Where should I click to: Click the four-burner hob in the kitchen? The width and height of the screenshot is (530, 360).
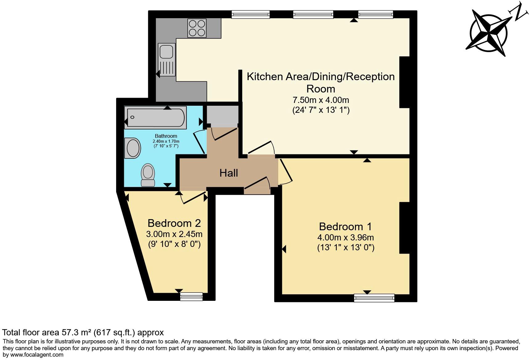[x=197, y=28]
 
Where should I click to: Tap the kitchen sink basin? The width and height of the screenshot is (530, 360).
[x=166, y=51]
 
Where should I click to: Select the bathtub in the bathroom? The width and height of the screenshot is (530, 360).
[x=156, y=117]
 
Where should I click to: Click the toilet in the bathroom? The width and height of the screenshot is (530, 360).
[x=148, y=175]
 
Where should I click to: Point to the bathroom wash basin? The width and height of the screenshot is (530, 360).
[x=133, y=148]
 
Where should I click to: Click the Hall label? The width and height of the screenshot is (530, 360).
[x=229, y=173]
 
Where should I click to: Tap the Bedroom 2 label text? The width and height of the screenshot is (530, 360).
[x=174, y=223]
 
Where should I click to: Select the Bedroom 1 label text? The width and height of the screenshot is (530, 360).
[x=345, y=227]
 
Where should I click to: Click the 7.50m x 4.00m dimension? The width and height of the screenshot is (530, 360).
[x=320, y=100]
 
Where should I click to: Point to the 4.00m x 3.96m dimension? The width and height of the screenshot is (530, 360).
[x=345, y=237]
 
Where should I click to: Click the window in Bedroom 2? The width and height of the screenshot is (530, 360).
[x=191, y=297]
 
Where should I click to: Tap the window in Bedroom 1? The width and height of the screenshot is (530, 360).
[x=374, y=298]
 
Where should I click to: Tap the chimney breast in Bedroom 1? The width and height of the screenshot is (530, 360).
[x=405, y=228]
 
